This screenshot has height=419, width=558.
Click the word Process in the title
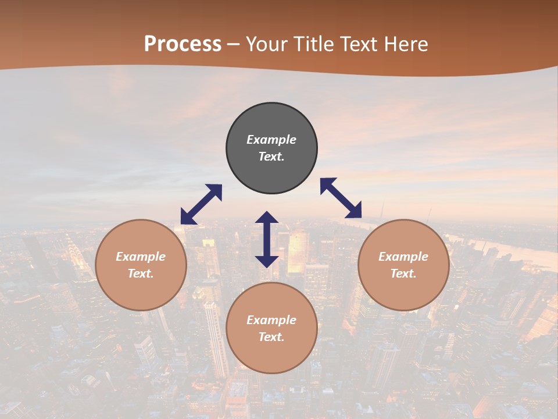click(x=183, y=44)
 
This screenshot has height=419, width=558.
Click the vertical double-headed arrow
click(x=267, y=239)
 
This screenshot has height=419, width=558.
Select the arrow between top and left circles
click(x=201, y=204)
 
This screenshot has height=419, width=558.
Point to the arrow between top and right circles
click(x=341, y=198)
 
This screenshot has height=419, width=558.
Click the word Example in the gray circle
click(x=271, y=140)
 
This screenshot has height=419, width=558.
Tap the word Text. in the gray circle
click(x=271, y=157)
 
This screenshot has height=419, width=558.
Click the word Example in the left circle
click(x=141, y=257)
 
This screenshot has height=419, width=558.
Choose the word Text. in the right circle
click(x=403, y=274)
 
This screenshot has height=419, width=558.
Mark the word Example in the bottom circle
click(x=271, y=320)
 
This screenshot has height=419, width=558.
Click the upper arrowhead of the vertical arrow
click(x=267, y=218)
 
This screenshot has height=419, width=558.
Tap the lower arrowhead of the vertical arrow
click(x=267, y=261)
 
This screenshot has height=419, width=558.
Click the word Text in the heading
click(x=357, y=44)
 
